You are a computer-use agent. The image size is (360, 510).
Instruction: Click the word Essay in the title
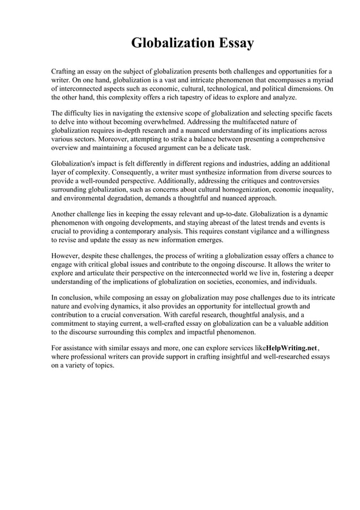[x=231, y=43]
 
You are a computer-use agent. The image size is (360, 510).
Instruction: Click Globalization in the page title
[x=169, y=43]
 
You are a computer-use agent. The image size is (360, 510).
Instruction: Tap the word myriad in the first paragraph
[x=320, y=81]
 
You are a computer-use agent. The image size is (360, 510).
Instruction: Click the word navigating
[x=118, y=113]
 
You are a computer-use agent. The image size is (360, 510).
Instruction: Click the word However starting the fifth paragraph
[x=67, y=255]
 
